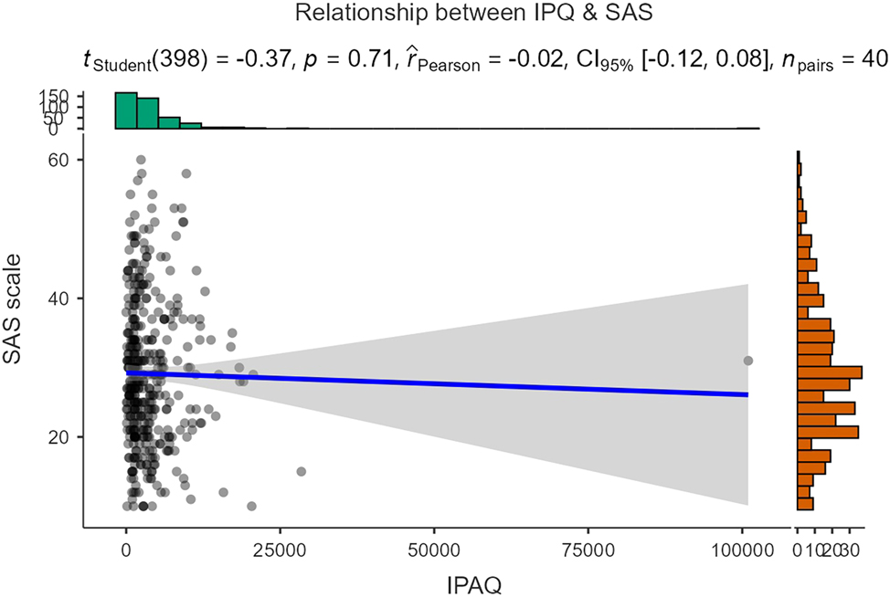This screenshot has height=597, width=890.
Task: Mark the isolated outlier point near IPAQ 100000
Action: click(747, 361)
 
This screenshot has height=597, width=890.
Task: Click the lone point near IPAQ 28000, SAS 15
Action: click(301, 471)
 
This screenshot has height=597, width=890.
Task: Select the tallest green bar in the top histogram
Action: click(126, 110)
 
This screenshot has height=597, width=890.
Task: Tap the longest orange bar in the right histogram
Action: click(830, 372)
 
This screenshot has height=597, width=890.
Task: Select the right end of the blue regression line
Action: click(747, 394)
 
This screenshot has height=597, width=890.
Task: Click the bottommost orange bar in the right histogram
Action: click(805, 503)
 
